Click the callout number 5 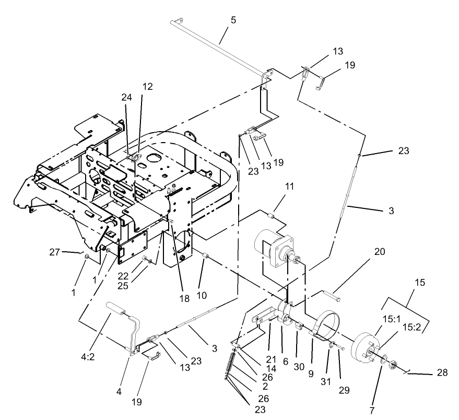pyautogui.click(x=233, y=20)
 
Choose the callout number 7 pyautogui.click(x=372, y=411)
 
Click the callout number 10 pyautogui.click(x=202, y=295)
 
